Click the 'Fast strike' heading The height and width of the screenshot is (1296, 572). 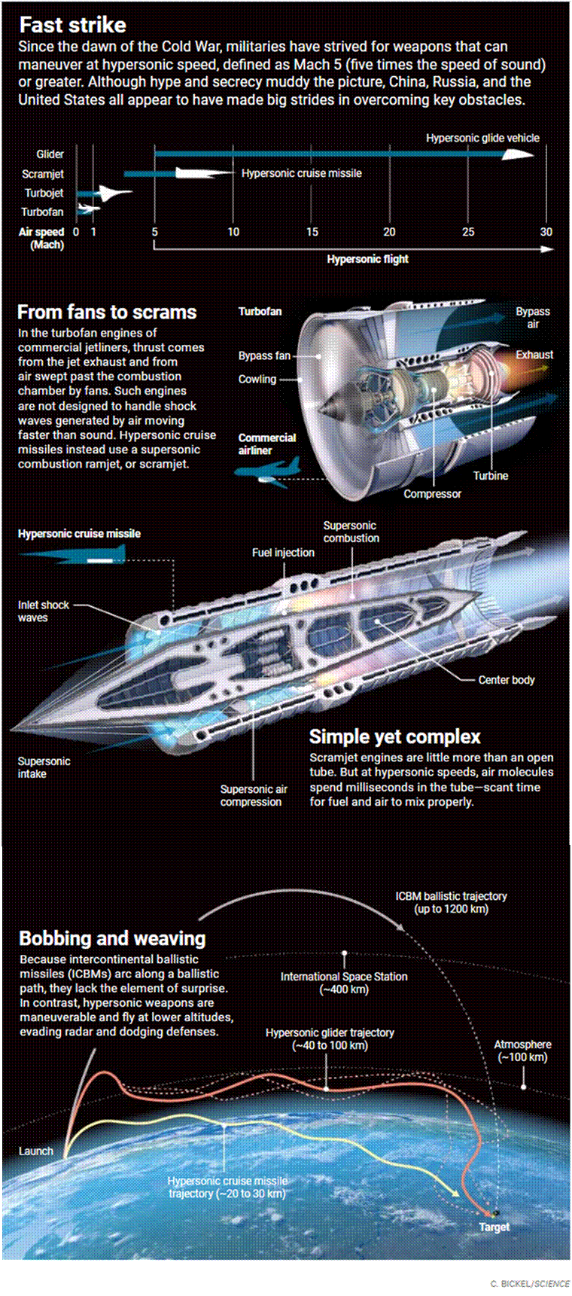[72, 26]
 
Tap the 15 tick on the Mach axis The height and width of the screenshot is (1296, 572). [312, 232]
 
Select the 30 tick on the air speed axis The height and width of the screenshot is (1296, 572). [546, 232]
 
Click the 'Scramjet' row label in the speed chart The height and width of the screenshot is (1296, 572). [43, 174]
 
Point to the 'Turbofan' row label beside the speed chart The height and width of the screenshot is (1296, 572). [42, 212]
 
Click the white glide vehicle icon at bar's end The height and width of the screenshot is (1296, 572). [519, 154]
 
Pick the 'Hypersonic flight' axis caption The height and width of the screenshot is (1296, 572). [367, 259]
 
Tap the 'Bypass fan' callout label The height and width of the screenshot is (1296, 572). [264, 355]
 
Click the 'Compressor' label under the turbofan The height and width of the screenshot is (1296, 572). [432, 494]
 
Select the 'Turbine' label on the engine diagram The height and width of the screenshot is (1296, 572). [491, 476]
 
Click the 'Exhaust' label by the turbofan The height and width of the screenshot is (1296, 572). [534, 355]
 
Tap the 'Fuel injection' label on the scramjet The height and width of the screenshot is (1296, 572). [283, 553]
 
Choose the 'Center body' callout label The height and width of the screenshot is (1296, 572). [507, 680]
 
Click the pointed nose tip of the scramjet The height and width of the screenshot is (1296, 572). [11, 729]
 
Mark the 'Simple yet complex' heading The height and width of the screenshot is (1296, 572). [394, 736]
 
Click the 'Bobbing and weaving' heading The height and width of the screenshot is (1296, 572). [112, 938]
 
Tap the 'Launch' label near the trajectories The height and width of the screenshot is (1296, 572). [36, 1151]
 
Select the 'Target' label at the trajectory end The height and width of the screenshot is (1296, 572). [494, 1227]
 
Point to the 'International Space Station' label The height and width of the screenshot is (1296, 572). [344, 977]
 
